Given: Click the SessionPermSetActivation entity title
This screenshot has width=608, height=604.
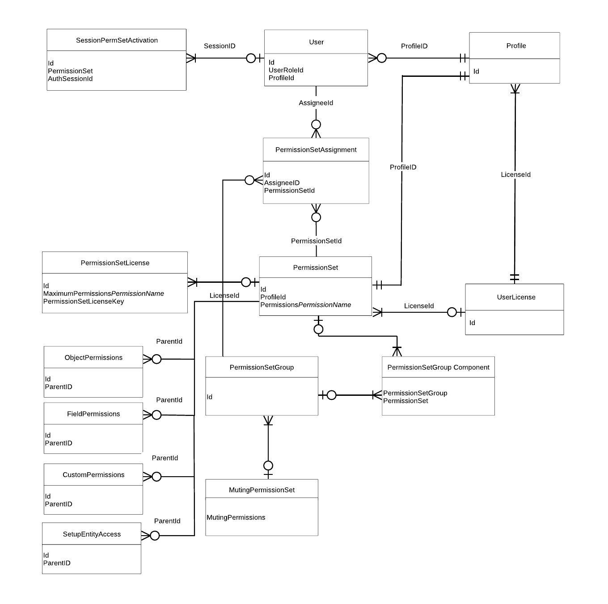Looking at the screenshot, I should coord(117,40).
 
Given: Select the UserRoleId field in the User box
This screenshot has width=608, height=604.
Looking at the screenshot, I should coord(286,70).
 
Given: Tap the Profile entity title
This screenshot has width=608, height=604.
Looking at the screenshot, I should coord(516,46).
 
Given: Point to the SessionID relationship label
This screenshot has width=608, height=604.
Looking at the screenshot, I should coord(220,46).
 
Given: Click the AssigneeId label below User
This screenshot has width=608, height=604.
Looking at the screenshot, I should coord(316,103).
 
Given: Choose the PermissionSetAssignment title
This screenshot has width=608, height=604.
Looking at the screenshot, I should coord(316,150).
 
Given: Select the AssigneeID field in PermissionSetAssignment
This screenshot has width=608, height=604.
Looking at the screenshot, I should coord(282,183).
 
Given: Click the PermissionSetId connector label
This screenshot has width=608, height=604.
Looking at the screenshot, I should coord(316,241).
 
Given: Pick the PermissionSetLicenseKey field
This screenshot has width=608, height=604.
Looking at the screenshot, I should coord(84,301).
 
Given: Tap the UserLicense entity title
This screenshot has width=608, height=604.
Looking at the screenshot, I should coord(516,297).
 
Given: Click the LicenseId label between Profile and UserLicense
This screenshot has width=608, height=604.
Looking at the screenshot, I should coord(515,175).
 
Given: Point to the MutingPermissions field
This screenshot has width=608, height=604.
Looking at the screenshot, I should coord(236,517).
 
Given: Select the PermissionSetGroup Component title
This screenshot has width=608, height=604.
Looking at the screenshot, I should coord(438,367).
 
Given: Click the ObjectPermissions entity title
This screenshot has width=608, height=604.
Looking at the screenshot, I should coord(93,357).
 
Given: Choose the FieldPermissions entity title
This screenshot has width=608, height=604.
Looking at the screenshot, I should coord(93,414).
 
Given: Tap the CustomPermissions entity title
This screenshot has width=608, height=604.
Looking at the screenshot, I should coord(93,474).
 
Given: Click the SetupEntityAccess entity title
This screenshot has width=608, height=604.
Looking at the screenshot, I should coord(92,534).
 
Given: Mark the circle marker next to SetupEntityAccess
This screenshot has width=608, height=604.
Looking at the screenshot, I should coord(155,536).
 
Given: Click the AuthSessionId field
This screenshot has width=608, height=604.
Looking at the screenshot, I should coord(70,79).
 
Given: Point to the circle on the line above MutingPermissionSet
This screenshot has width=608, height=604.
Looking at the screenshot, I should coord(268,466).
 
